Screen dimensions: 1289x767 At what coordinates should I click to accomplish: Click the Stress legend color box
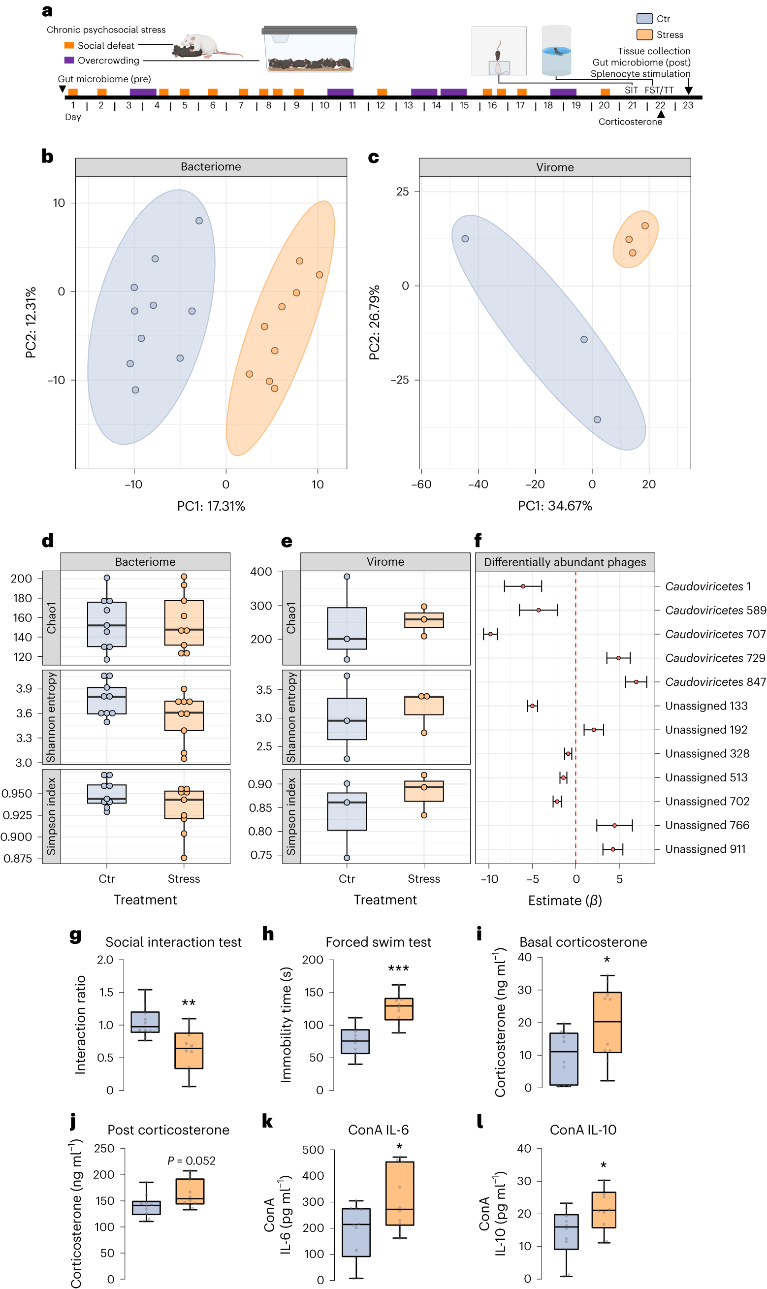pyautogui.click(x=644, y=34)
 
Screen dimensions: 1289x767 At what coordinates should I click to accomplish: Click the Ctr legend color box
pyautogui.click(x=644, y=19)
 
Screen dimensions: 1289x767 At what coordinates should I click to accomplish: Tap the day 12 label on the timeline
pyautogui.click(x=381, y=105)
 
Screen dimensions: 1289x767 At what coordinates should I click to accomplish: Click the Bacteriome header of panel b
pyautogui.click(x=211, y=167)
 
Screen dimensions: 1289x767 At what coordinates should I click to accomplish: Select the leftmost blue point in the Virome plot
pyautogui.click(x=465, y=239)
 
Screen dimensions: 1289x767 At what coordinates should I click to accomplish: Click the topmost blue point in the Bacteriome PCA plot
pyautogui.click(x=199, y=221)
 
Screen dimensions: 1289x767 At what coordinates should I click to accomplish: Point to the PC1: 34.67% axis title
pyautogui.click(x=555, y=506)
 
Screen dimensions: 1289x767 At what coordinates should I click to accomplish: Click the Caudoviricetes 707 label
pyautogui.click(x=715, y=634)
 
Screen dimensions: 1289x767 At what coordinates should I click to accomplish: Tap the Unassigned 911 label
pyautogui.click(x=705, y=849)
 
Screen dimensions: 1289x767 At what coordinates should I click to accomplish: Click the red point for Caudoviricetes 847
pyautogui.click(x=636, y=682)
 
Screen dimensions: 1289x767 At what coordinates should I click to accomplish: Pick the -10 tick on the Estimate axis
pyautogui.click(x=489, y=879)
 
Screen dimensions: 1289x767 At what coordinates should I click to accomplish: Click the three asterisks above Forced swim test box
pyautogui.click(x=398, y=968)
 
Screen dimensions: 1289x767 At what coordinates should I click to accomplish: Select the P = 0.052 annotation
pyautogui.click(x=191, y=1161)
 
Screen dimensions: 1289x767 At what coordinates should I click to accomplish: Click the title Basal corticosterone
pyautogui.click(x=583, y=942)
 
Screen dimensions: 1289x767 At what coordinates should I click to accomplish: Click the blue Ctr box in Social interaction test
pyautogui.click(x=145, y=1022)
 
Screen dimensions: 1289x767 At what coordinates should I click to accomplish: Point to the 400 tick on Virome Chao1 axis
pyautogui.click(x=261, y=572)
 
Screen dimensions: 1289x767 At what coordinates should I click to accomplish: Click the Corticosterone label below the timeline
pyautogui.click(x=630, y=122)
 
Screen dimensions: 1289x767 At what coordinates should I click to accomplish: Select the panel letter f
pyautogui.click(x=478, y=541)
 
